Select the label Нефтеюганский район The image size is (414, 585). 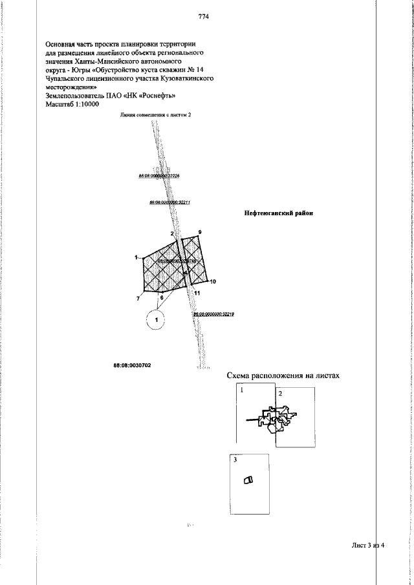(x=278, y=213)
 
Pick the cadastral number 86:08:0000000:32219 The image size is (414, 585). (x=213, y=314)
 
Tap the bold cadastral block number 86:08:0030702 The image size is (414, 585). (x=133, y=365)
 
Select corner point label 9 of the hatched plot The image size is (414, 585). (x=200, y=231)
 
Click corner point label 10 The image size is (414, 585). (x=213, y=282)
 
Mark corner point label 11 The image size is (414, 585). (x=197, y=293)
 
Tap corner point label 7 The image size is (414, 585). (x=138, y=299)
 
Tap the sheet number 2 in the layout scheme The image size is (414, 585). (x=280, y=393)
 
